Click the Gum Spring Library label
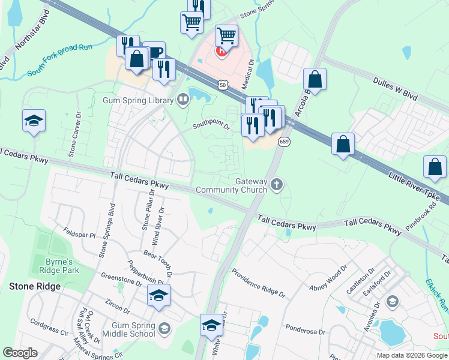point(138,100)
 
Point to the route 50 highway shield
point(223,86)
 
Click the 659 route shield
point(285,142)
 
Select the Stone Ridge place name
point(35,286)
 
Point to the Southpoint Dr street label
point(211,126)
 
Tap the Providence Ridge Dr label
point(258,282)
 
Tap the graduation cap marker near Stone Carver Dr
point(34,121)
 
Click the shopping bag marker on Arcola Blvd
point(315,79)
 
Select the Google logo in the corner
point(20,353)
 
